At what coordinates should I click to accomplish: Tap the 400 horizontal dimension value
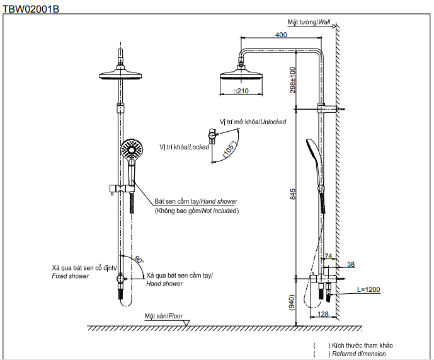pos(282,35)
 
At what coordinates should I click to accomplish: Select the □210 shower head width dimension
pos(241,91)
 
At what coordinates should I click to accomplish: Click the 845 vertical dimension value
pos(292,194)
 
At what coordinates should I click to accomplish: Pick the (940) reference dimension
pos(292,303)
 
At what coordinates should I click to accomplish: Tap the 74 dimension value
pos(328,256)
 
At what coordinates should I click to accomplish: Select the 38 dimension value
pos(351,264)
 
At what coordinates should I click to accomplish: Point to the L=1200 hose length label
pos(368,290)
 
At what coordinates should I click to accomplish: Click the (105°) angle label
pos(229,149)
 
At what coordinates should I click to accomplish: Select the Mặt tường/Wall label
pos(309,21)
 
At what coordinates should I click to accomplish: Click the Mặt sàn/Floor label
pos(163,315)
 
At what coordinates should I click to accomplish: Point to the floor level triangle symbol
pos(186,323)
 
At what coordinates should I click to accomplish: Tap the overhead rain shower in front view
pos(118,74)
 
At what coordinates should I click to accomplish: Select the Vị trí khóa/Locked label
pos(185,147)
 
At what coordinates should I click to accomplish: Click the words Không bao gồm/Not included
pos(197,211)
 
